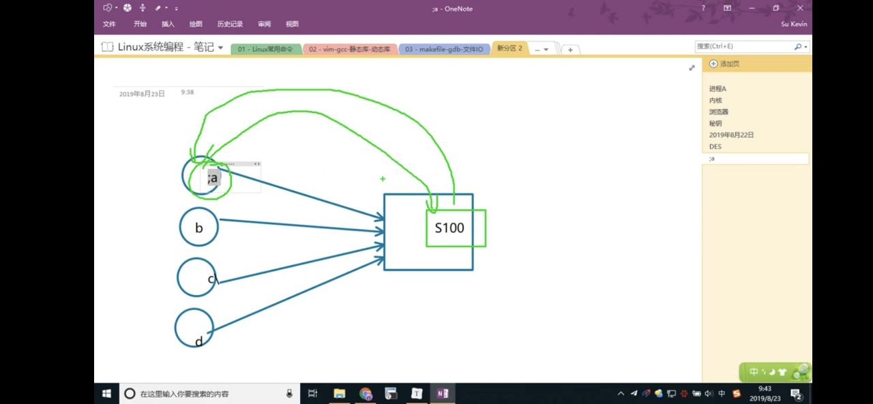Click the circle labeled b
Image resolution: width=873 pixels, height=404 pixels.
click(198, 227)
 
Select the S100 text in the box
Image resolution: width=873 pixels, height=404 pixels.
click(449, 228)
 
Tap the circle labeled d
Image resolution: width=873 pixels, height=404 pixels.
click(194, 328)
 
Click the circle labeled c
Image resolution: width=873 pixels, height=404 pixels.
click(196, 277)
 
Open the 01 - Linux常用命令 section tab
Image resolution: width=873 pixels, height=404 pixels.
click(265, 49)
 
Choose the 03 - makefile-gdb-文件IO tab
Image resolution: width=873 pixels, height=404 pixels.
click(443, 49)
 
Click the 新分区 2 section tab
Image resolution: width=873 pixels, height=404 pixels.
click(509, 48)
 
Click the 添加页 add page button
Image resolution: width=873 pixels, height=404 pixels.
click(724, 63)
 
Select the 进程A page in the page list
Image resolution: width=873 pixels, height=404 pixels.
click(717, 89)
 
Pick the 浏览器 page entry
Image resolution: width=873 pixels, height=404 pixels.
click(718, 112)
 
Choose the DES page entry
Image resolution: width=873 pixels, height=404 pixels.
click(715, 146)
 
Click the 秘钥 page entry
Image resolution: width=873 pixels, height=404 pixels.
click(715, 123)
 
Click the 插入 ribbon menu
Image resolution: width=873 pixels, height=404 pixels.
click(168, 24)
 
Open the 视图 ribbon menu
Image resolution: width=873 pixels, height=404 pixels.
click(292, 24)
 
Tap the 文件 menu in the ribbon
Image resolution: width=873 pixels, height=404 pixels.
click(109, 24)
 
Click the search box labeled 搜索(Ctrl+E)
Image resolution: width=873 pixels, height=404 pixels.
click(743, 46)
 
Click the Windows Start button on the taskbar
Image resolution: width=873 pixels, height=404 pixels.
click(107, 393)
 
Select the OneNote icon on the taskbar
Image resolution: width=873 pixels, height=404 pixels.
click(443, 393)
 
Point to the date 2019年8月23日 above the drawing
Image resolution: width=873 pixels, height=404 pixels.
click(142, 94)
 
